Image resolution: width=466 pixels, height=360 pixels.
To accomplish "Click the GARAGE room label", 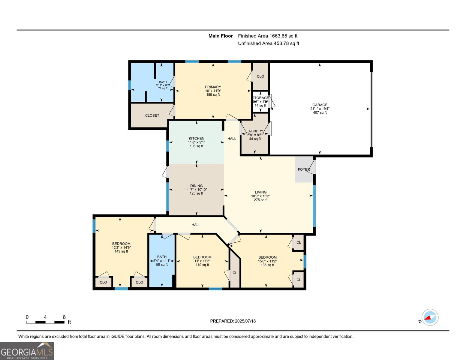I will pyautogui.click(x=320, y=105).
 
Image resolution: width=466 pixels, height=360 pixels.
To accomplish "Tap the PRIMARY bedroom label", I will pyautogui.click(x=213, y=87).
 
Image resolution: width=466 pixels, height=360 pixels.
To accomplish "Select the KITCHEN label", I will pyautogui.click(x=196, y=139).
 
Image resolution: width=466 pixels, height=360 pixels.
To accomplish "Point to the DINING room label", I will pyautogui.click(x=196, y=186).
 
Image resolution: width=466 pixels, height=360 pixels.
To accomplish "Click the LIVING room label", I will pyautogui.click(x=260, y=192).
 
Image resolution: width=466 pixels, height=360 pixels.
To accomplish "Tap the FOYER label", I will pyautogui.click(x=304, y=169).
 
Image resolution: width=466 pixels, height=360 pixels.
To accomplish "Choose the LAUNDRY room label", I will pyautogui.click(x=254, y=131).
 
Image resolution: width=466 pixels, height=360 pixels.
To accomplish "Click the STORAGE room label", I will pyautogui.click(x=260, y=98).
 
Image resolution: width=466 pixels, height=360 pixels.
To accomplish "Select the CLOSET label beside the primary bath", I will pyautogui.click(x=152, y=115).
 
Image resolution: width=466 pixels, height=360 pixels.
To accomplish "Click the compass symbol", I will pyautogui.click(x=430, y=317).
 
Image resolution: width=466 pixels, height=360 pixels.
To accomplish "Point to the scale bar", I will pyautogui.click(x=45, y=322).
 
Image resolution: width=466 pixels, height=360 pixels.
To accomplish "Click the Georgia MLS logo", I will pyautogui.click(x=27, y=351).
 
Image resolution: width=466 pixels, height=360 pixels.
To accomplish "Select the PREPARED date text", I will pyautogui.click(x=233, y=321).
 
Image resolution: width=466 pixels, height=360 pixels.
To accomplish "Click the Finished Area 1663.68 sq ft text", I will pyautogui.click(x=268, y=36).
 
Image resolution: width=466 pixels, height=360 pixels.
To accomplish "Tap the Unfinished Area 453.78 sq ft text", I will pyautogui.click(x=269, y=43).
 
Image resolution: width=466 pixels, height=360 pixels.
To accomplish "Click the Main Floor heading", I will pyautogui.click(x=221, y=36).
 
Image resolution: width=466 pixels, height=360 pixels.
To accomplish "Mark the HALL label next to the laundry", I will pyautogui.click(x=232, y=139).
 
